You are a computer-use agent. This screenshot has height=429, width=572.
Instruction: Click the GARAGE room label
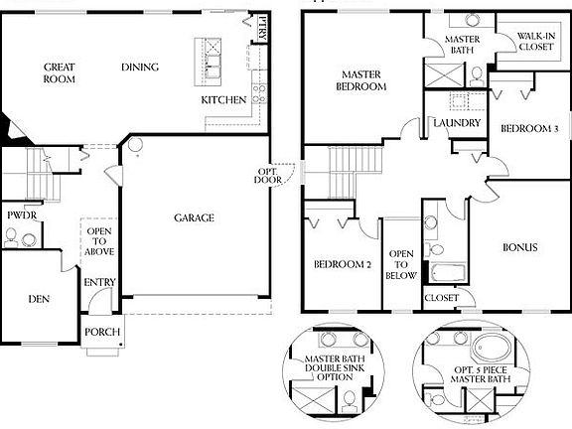coord(194,217)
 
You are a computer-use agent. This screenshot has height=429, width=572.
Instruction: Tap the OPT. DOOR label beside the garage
coord(268,176)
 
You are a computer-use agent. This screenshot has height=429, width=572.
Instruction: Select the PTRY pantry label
coord(262,29)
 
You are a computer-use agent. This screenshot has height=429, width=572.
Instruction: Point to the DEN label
coord(39,299)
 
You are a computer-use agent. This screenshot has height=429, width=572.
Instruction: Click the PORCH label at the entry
coord(102,332)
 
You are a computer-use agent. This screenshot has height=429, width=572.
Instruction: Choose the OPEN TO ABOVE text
coord(99,241)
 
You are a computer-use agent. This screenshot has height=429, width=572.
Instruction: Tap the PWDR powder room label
coord(22,215)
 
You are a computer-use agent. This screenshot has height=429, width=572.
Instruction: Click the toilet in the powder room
coord(11,238)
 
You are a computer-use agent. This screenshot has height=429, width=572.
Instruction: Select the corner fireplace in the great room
coord(13,129)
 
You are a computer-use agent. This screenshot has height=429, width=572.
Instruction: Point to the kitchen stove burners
coord(259,93)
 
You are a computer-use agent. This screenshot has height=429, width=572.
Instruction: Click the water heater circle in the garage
coord(135,145)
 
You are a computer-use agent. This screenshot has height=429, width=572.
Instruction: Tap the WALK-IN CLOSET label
coord(536,42)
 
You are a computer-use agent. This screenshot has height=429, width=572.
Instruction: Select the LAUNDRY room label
coord(457,123)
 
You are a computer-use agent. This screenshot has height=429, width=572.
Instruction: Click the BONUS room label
coord(519,247)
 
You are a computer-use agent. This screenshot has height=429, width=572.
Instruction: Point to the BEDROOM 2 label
coord(343,264)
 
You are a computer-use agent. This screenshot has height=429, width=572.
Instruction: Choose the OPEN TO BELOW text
coord(401,264)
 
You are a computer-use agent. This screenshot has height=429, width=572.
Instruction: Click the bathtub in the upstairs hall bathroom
coord(448,272)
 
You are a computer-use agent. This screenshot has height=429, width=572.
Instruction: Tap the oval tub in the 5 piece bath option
coord(492,347)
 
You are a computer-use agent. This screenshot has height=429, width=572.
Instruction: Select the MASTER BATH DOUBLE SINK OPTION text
coord(335,367)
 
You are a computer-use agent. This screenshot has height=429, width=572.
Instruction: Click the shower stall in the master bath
coord(444,75)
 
